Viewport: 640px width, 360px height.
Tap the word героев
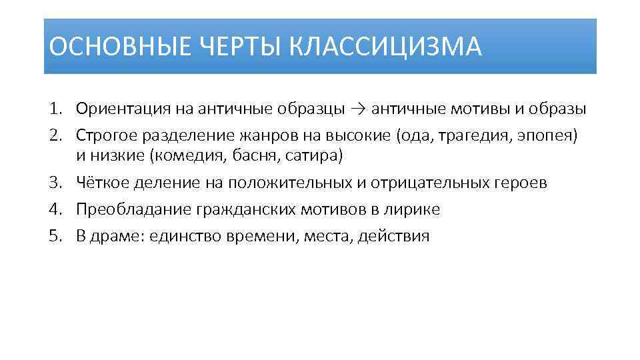(x=519, y=183)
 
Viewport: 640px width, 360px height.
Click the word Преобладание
(x=133, y=209)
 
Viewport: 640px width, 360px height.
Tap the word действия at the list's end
(x=394, y=235)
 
